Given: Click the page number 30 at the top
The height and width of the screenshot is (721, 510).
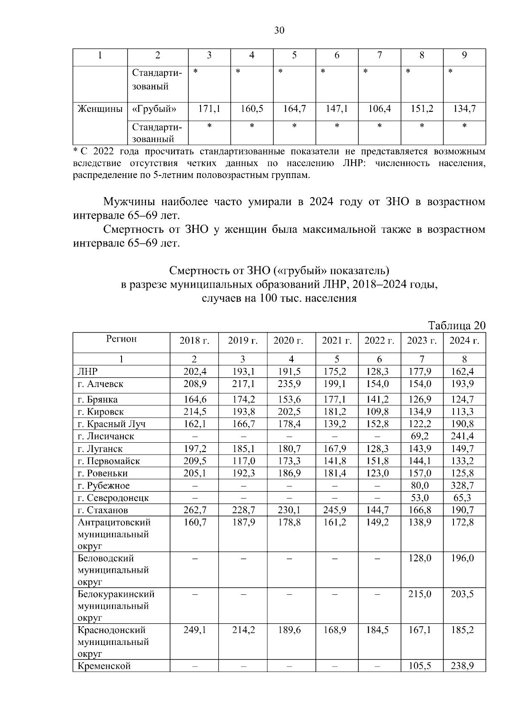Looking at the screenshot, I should [279, 30].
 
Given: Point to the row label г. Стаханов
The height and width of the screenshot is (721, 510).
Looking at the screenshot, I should [102, 510].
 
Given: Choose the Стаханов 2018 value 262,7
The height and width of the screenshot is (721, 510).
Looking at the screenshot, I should [195, 510].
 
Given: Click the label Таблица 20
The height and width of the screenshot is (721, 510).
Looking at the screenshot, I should [456, 325].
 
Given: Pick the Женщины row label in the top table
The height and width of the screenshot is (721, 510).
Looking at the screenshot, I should [99, 109].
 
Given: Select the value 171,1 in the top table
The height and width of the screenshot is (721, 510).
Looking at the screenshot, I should [209, 109].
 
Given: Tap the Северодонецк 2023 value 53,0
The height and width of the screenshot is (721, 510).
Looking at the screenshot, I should [422, 498].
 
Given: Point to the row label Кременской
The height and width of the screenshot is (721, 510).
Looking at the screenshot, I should [104, 666].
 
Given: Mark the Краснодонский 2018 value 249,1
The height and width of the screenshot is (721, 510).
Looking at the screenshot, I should [195, 630].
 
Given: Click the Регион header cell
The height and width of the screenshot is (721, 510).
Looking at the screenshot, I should [122, 339].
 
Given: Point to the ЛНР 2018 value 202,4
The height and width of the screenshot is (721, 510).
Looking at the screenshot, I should [195, 371].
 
